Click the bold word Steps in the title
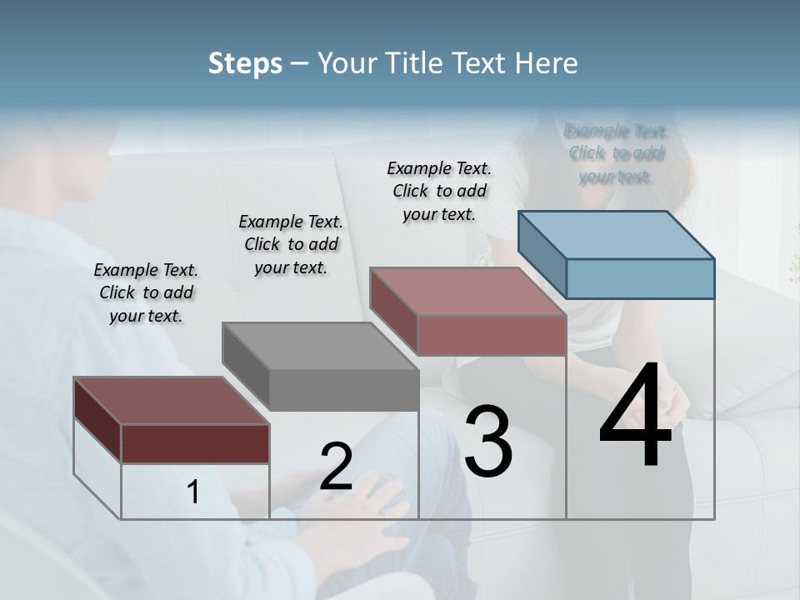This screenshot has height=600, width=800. click(x=245, y=63)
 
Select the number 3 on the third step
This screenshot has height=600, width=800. click(x=487, y=441)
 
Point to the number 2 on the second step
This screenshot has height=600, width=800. click(x=336, y=467)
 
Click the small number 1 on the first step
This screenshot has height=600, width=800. click(x=193, y=492)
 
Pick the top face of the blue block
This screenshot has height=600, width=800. click(x=616, y=234)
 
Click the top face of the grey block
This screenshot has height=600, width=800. click(x=320, y=346)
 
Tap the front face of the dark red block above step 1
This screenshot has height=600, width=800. click(x=195, y=443)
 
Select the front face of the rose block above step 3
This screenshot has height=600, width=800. click(x=492, y=335)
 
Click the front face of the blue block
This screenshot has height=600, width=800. click(x=640, y=278)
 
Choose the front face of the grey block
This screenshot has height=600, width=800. click(x=344, y=390)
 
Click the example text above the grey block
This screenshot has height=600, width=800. click(x=291, y=244)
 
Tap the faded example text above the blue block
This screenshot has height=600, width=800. click(x=616, y=153)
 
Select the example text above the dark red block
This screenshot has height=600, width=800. click(x=146, y=292)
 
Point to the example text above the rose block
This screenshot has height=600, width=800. click(x=439, y=191)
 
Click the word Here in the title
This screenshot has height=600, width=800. click(x=547, y=63)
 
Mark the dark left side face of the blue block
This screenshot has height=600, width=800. click(x=542, y=253)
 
